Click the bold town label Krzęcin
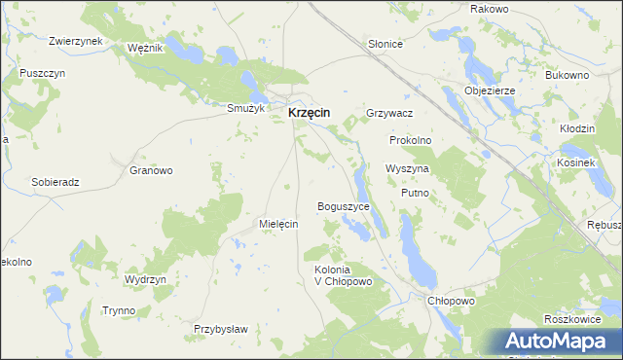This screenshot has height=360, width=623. tap(309, 113)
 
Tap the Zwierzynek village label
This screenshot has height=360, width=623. tap(76, 42)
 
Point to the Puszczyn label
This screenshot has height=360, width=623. tap(42, 73)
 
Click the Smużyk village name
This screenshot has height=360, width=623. tap(245, 108)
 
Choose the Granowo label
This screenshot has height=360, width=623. tap(151, 170)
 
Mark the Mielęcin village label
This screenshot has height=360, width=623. tap(278, 223)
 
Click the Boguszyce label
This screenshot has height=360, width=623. tap(345, 207)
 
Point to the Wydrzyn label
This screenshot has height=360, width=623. tap(146, 279)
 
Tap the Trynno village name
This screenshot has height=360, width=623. tap(119, 310)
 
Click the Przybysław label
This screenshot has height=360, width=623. tap(221, 329)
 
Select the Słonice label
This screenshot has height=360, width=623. tap(385, 45)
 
